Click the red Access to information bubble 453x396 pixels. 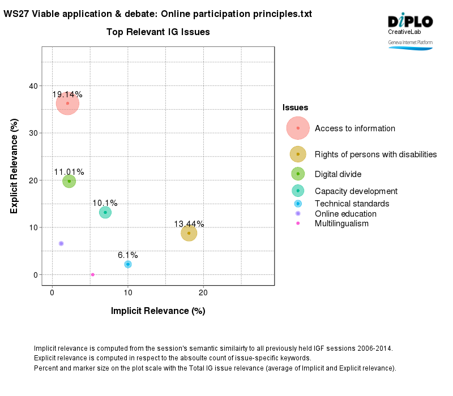(67, 104)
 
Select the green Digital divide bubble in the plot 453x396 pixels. (69, 181)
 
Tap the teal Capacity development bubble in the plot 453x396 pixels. (105, 212)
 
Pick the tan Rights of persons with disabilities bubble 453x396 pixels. (189, 233)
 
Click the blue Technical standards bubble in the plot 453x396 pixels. (128, 264)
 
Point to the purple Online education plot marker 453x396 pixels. (61, 243)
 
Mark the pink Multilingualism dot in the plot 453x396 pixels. (92, 274)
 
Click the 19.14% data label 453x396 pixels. (67, 94)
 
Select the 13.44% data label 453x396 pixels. (189, 224)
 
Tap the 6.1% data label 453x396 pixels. (128, 255)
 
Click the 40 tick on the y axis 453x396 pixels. (34, 86)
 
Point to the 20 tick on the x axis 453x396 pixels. (203, 292)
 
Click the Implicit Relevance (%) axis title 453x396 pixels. (158, 311)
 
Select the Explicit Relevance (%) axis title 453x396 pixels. (14, 166)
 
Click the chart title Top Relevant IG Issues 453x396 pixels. (158, 32)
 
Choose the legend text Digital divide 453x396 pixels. (338, 174)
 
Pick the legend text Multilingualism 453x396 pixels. (341, 223)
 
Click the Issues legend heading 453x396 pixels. (295, 107)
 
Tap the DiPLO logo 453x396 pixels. (410, 21)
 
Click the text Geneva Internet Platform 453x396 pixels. (410, 42)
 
